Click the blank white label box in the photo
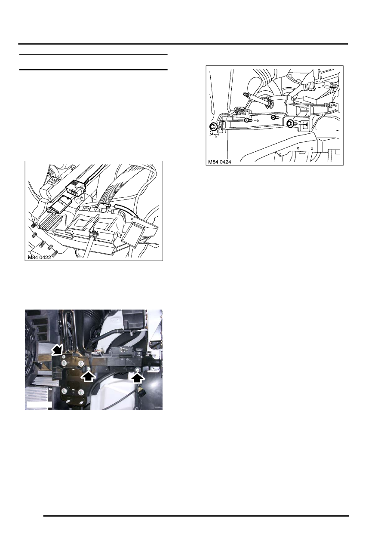click(39, 404)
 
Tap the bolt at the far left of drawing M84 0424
click(213, 127)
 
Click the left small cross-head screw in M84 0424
click(247, 121)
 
